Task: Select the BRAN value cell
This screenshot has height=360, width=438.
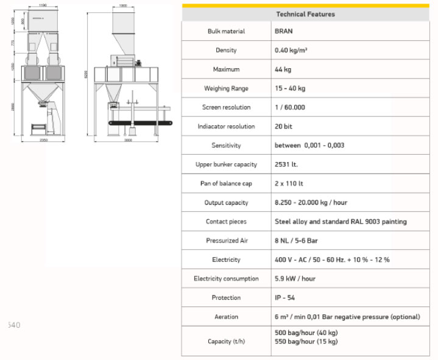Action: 284,31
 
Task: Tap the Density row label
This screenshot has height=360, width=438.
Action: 226,50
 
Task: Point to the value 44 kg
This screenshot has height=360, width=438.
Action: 283,69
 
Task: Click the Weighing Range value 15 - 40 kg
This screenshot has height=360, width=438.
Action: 290,88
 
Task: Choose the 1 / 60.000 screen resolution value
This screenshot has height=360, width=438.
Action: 290,107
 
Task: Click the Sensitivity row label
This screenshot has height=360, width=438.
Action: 226,146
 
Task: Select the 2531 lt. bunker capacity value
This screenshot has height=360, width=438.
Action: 286,164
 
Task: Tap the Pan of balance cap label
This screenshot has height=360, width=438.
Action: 226,183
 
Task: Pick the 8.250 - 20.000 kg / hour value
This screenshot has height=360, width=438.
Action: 311,202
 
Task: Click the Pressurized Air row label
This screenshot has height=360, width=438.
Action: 226,241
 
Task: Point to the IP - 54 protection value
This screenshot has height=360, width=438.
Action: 285,298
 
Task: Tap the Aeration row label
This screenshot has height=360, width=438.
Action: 226,317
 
